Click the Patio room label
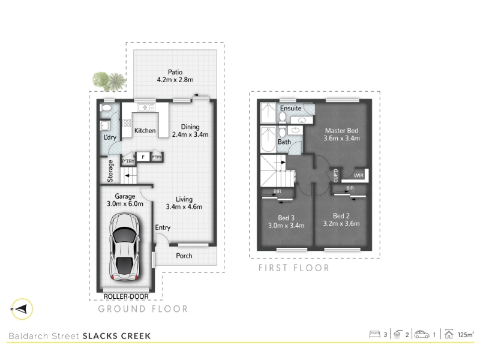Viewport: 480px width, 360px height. (x=175, y=72)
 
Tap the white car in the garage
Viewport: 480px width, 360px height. (x=125, y=247)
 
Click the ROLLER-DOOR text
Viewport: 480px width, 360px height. (x=126, y=296)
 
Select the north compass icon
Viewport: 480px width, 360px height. (x=22, y=309)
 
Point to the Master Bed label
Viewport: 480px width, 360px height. (x=341, y=131)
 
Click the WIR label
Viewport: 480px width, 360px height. (x=358, y=176)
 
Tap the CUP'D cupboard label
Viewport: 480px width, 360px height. (x=336, y=175)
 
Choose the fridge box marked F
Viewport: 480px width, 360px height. (x=143, y=157)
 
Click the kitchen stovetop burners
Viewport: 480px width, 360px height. (x=127, y=123)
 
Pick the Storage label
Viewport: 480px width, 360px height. (x=110, y=171)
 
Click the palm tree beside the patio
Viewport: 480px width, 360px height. (x=116, y=81)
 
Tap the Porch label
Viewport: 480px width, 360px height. (x=184, y=256)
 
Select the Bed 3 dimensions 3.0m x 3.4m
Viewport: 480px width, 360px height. (x=286, y=226)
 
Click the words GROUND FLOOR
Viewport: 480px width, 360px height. (x=143, y=309)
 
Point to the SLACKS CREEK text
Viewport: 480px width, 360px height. (x=116, y=336)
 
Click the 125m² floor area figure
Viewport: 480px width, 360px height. (x=466, y=334)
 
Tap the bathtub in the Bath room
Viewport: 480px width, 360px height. (x=268, y=139)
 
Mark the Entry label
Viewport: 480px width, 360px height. (x=163, y=227)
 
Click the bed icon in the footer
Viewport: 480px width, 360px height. (x=374, y=334)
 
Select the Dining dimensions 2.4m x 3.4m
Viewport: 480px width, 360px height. (x=190, y=134)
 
